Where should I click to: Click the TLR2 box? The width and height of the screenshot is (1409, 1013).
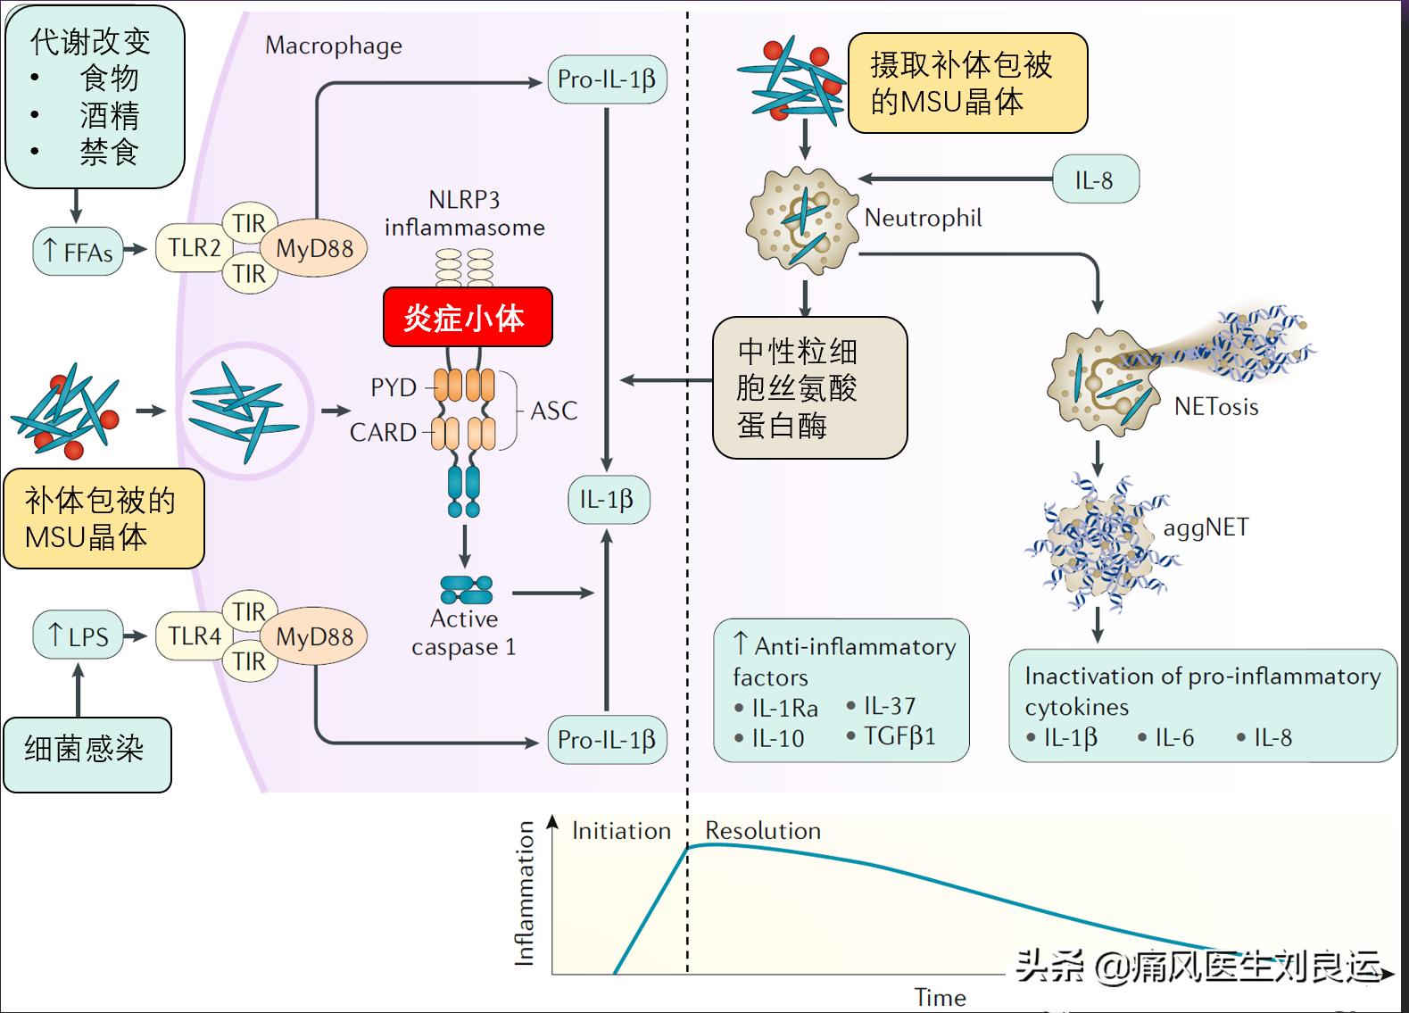coord(194,248)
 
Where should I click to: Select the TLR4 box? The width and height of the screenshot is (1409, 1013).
coord(195,636)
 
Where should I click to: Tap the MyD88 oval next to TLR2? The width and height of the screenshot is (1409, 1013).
coord(314,249)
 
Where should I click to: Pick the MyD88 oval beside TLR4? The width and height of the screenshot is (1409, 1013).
coord(314,637)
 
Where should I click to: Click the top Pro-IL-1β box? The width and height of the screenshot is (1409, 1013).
coord(607,79)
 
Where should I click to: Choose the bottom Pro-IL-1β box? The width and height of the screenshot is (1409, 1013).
coord(607,740)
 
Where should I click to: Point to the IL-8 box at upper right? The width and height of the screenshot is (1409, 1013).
coord(1094,180)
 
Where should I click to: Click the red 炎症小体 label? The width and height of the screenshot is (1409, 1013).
coord(468,317)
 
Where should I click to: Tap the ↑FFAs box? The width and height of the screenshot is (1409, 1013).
coord(79,252)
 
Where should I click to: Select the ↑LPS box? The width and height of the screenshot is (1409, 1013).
coord(79,635)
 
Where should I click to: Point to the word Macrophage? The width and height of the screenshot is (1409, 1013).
coord(334,46)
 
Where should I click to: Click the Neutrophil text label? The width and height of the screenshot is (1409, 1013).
coord(923,218)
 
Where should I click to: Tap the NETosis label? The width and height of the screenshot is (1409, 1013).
coord(1215,407)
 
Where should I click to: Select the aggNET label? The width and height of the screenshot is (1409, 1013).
coord(1206,527)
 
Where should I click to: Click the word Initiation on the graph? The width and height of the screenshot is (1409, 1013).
coord(621,831)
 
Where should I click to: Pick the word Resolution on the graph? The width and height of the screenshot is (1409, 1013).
coord(763,831)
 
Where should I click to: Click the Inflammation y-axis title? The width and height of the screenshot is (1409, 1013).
coord(525,893)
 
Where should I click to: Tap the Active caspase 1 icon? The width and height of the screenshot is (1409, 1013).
coord(466,590)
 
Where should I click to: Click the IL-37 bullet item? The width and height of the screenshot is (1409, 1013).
coord(888,706)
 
